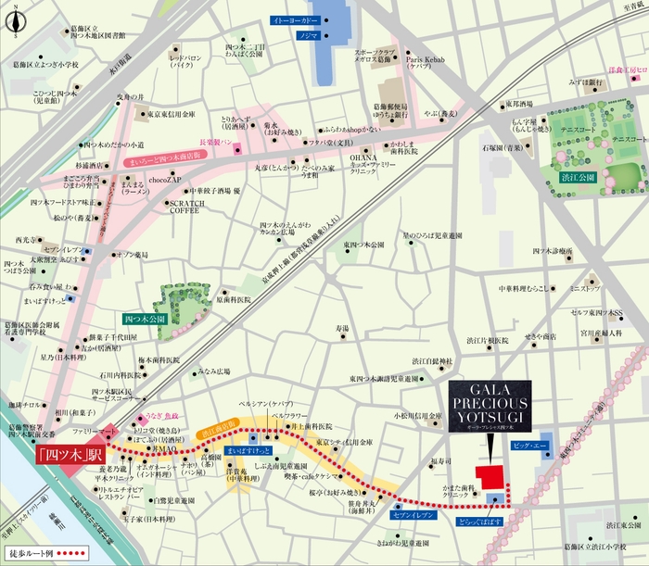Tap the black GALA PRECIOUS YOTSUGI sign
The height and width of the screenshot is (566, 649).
(488, 402)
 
